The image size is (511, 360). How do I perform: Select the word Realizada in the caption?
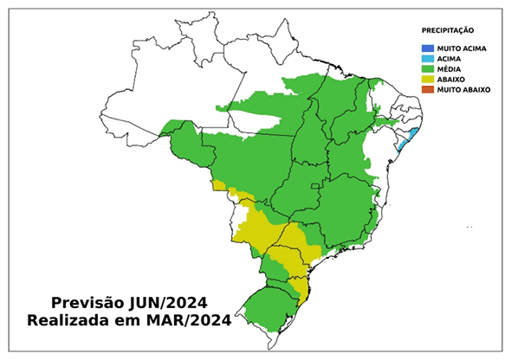70,322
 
